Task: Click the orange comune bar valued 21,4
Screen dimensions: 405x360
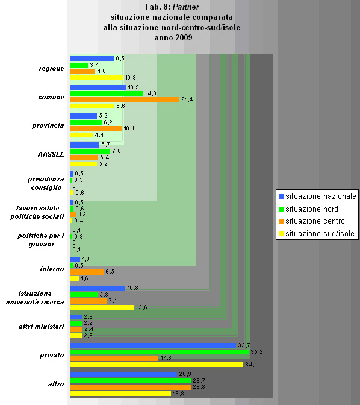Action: (125, 99)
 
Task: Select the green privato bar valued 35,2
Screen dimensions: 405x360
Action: (160, 351)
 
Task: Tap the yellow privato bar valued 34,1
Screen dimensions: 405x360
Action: (157, 365)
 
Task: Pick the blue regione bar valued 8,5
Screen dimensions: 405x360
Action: (92, 58)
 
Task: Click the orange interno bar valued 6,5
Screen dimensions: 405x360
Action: (87, 272)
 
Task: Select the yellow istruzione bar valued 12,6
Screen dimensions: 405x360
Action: (102, 307)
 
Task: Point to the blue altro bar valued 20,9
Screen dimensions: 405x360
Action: (124, 374)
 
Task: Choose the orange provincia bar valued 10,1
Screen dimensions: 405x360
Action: (96, 128)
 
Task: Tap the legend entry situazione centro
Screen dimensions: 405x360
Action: (315, 221)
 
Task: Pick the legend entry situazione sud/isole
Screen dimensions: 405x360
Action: (320, 234)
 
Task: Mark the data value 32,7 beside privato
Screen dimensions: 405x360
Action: (244, 345)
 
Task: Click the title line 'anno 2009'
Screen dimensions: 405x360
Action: (173, 38)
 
